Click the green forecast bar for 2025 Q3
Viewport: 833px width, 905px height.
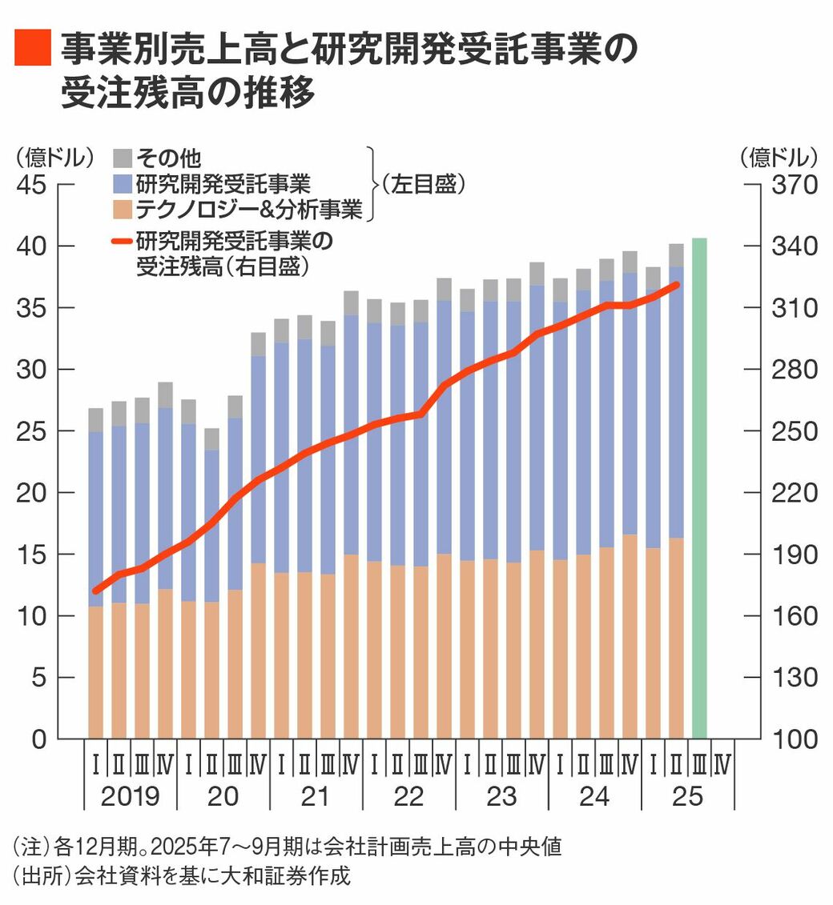coord(699,488)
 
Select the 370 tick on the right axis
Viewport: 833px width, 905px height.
coord(793,185)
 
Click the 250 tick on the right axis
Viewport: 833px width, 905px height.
coord(793,431)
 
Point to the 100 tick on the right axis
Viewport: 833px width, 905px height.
coord(793,739)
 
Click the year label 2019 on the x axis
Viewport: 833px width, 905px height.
coord(130,797)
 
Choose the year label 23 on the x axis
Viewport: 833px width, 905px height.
coord(501,797)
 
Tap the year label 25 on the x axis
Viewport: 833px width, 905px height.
coord(687,797)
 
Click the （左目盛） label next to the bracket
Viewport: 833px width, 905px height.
coord(423,184)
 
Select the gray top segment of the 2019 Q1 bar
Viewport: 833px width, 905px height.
coord(96,420)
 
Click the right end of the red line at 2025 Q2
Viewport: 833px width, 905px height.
coord(677,285)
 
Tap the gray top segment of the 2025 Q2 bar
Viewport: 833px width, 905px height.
coord(676,255)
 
